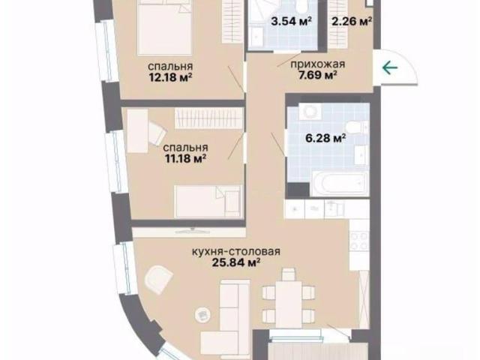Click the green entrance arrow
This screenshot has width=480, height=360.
tap(390, 67)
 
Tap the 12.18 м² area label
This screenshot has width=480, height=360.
tap(170, 77)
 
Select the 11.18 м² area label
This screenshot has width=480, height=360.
tap(185, 158)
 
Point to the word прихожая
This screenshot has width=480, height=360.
tap(317, 64)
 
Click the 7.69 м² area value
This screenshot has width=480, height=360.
tap(318, 75)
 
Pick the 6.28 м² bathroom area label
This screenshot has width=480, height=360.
tap(325, 138)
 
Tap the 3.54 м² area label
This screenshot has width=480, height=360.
tap(292, 22)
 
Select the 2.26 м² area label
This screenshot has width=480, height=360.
tap(352, 22)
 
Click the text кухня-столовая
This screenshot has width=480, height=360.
tap(236, 252)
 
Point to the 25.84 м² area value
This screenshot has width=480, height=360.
tap(236, 262)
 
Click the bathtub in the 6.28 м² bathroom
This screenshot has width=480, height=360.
tap(340, 183)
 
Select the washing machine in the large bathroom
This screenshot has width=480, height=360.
tap(310, 112)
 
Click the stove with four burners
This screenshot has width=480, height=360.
tap(359, 241)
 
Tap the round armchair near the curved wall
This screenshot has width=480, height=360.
tap(159, 279)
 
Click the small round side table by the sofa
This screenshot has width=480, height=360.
tap(202, 314)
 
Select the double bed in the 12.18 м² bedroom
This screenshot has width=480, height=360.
tap(165, 28)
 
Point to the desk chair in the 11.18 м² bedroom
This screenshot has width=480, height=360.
tap(157, 133)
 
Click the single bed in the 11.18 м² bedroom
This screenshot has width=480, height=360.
tap(208, 201)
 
